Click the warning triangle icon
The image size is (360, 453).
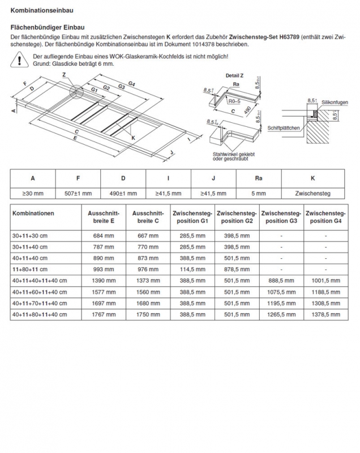20,60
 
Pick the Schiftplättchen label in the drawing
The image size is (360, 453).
284,129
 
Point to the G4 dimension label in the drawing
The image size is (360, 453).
131,84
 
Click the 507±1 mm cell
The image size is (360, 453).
78,193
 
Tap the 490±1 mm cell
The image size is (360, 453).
123,193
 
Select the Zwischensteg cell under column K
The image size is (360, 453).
313,193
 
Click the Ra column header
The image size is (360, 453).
258,178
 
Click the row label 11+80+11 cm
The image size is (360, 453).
31,269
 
